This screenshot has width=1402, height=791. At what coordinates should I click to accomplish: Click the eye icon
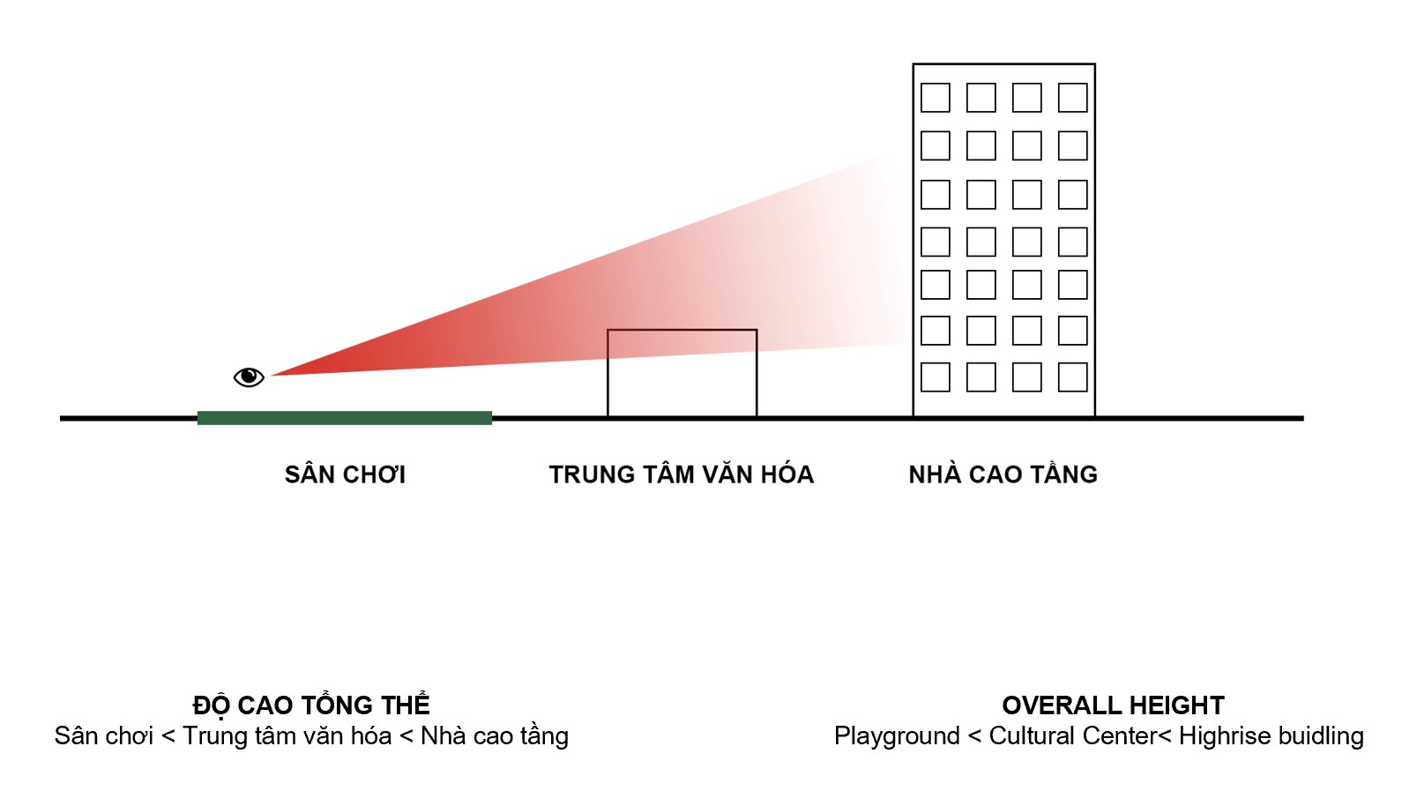pyautogui.click(x=249, y=377)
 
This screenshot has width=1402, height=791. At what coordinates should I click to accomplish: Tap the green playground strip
pyautogui.click(x=344, y=418)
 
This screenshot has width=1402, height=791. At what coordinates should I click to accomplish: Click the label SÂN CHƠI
pyautogui.click(x=345, y=474)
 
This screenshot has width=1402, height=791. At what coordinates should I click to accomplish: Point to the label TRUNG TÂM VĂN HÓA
pyautogui.click(x=681, y=474)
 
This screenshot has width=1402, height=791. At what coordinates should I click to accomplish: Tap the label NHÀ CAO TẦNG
pyautogui.click(x=1003, y=474)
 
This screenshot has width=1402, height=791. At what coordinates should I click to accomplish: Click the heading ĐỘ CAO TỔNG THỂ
pyautogui.click(x=311, y=705)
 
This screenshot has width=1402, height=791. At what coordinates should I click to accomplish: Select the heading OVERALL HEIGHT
pyautogui.click(x=1113, y=705)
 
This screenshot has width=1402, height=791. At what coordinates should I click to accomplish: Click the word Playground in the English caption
pyautogui.click(x=897, y=735)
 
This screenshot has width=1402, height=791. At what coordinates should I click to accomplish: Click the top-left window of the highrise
pyautogui.click(x=936, y=98)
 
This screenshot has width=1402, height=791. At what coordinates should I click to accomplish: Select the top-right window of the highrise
pyautogui.click(x=1072, y=98)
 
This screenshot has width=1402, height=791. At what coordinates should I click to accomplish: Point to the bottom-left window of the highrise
pyautogui.click(x=936, y=377)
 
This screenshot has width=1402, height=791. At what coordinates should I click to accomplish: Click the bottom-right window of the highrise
pyautogui.click(x=1072, y=377)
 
